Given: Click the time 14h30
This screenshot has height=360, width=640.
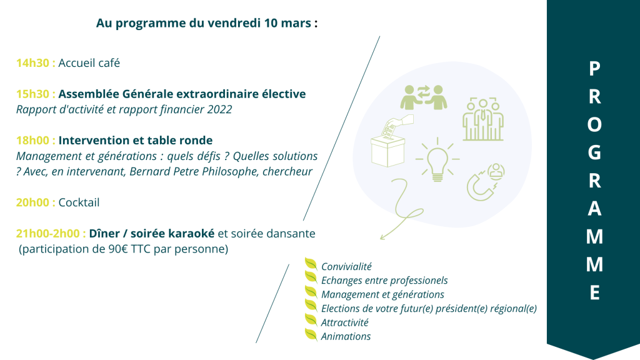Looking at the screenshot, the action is pyautogui.click(x=32, y=63).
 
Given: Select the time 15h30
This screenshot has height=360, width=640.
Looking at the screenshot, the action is pyautogui.click(x=32, y=94).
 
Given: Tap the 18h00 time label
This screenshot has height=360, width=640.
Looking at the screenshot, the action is pyautogui.click(x=32, y=141).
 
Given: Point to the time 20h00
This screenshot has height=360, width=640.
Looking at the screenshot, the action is pyautogui.click(x=32, y=202).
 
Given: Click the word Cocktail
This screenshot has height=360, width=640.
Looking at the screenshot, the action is pyautogui.click(x=79, y=202).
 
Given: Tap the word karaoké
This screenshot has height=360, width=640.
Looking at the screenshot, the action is pyautogui.click(x=191, y=234).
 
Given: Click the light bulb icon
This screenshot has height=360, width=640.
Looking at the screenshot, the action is pyautogui.click(x=437, y=159).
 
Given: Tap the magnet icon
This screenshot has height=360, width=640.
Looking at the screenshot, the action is pyautogui.click(x=486, y=182).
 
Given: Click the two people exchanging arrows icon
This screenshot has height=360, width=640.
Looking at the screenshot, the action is pyautogui.click(x=424, y=97).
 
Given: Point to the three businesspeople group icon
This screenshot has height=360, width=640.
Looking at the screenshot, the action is pyautogui.click(x=483, y=119).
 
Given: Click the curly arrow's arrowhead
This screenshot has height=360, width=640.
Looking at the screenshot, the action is pyautogui.click(x=383, y=236).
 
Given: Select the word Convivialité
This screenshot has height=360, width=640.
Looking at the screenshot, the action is pyautogui.click(x=346, y=266).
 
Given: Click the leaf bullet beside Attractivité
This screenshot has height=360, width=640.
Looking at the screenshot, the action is pyautogui.click(x=311, y=321).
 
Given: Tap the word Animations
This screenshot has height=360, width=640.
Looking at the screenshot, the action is pyautogui.click(x=346, y=336).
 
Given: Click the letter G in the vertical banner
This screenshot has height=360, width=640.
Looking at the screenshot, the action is pyautogui.click(x=594, y=152).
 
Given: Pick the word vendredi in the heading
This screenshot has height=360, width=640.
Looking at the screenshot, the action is pyautogui.click(x=234, y=23).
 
